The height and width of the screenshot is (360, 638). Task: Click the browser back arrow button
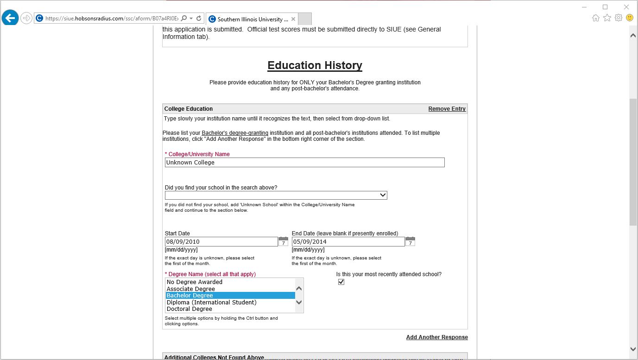pos(10,18)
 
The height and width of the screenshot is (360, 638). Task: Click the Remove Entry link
pos(447,109)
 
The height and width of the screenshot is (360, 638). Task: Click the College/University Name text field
pos(304,163)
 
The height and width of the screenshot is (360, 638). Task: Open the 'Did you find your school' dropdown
pos(276,195)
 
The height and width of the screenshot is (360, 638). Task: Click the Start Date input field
pos(221,242)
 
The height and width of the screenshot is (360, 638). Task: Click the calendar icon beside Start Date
pos(283,241)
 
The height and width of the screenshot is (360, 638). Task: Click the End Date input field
pos(348,242)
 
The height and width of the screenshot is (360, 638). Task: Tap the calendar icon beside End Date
pos(410,241)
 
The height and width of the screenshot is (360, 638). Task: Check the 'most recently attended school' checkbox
pos(341,282)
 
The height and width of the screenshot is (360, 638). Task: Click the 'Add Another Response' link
pos(437,337)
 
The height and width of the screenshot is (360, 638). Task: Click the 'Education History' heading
pos(315,65)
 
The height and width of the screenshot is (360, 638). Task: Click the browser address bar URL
pos(111,19)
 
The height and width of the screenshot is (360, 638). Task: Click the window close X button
pos(626,7)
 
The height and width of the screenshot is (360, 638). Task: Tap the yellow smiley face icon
pos(630,18)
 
